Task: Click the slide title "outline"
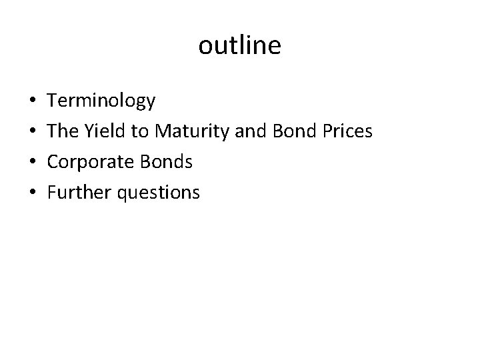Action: tap(240, 46)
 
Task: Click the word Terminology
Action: tap(102, 101)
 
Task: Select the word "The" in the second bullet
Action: tap(63, 131)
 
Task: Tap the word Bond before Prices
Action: tap(293, 131)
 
